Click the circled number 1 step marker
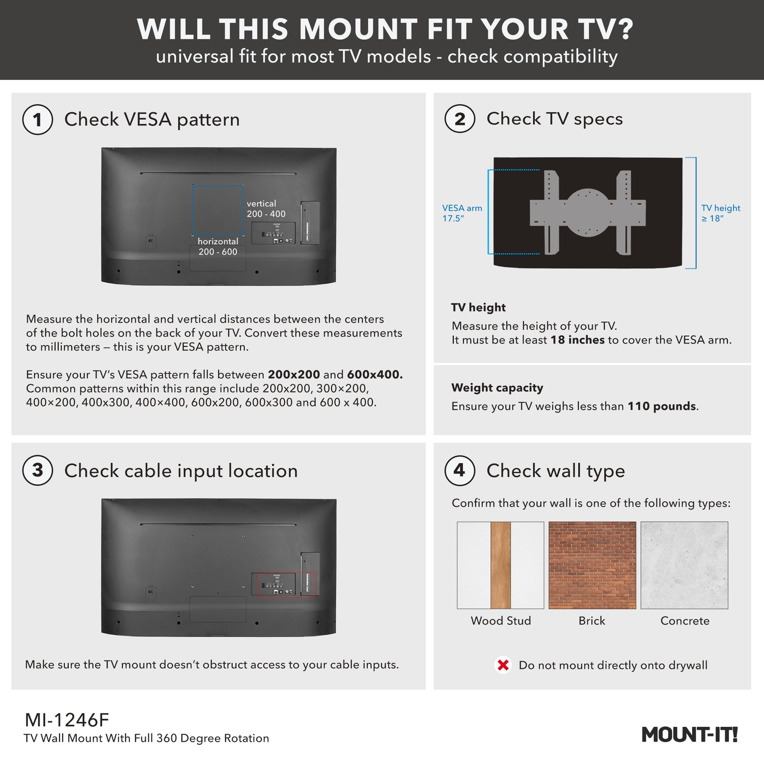point(38,120)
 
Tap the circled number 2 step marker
point(459,119)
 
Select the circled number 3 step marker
point(38,470)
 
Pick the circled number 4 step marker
point(459,470)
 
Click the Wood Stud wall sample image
point(500,565)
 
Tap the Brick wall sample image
point(592,565)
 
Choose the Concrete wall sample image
point(684,565)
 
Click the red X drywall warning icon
point(503,665)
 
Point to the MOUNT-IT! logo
point(689,734)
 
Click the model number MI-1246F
point(67,720)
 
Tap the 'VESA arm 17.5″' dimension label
point(461,213)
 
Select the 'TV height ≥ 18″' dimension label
point(720,213)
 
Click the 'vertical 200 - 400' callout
point(266,209)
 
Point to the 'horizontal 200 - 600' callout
point(218,247)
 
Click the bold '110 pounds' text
point(661,406)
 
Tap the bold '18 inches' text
point(577,340)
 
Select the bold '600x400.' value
point(374,374)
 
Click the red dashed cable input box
point(286,584)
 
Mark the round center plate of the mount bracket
point(587,212)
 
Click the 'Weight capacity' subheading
point(497,388)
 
